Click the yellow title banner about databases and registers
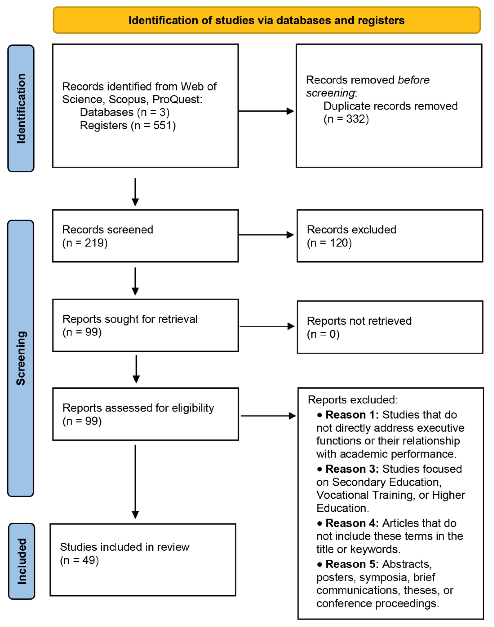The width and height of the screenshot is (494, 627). click(266, 20)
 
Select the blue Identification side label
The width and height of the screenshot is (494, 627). click(21, 108)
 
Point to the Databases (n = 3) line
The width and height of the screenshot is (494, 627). click(125, 112)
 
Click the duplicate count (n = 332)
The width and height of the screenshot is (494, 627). click(346, 119)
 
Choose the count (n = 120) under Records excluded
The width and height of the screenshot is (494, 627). click(329, 243)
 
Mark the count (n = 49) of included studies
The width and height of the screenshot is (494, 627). click(79, 560)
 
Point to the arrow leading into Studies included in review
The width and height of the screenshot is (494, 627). click(135, 482)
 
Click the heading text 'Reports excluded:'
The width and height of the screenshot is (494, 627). click(353, 400)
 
